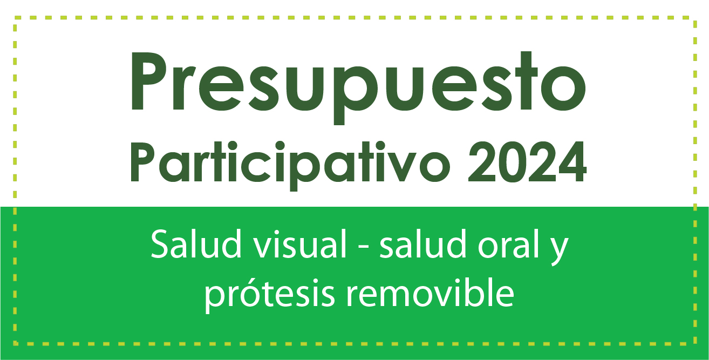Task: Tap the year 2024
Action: click(x=527, y=161)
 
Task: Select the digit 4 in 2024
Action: click(x=570, y=161)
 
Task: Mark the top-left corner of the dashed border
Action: click(x=15, y=18)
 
